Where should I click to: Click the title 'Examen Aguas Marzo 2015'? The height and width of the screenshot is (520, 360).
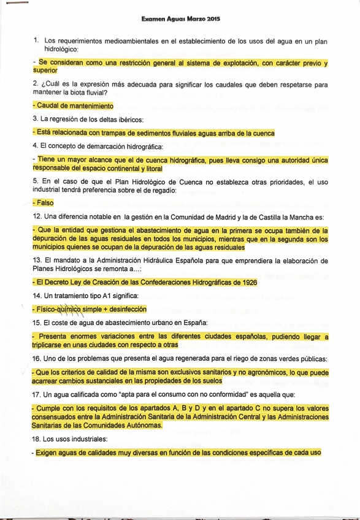click(180, 20)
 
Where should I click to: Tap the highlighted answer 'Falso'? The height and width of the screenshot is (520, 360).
click(45, 203)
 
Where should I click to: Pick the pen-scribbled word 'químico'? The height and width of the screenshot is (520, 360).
click(69, 309)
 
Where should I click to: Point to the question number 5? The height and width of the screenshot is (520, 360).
click(36, 182)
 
